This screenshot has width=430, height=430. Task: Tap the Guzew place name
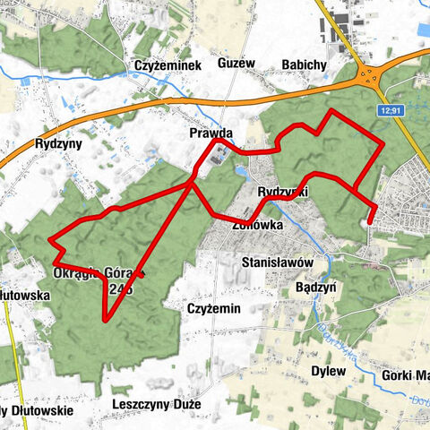point(236,64)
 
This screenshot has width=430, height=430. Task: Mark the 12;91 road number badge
point(391,110)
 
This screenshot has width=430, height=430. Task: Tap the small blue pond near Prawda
point(244,171)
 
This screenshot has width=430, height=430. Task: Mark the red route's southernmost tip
point(106,320)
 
